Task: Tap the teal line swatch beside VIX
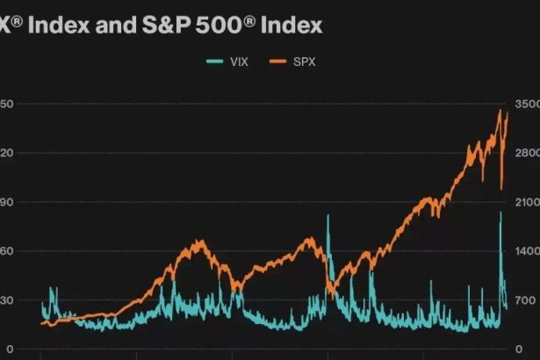pos(216,61)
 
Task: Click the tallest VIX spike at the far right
pos(501,212)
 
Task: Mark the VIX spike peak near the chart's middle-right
pos(328,216)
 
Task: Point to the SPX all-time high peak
pos(500,111)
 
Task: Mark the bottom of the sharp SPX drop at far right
pos(501,188)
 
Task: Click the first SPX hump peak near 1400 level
pos(201,241)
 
